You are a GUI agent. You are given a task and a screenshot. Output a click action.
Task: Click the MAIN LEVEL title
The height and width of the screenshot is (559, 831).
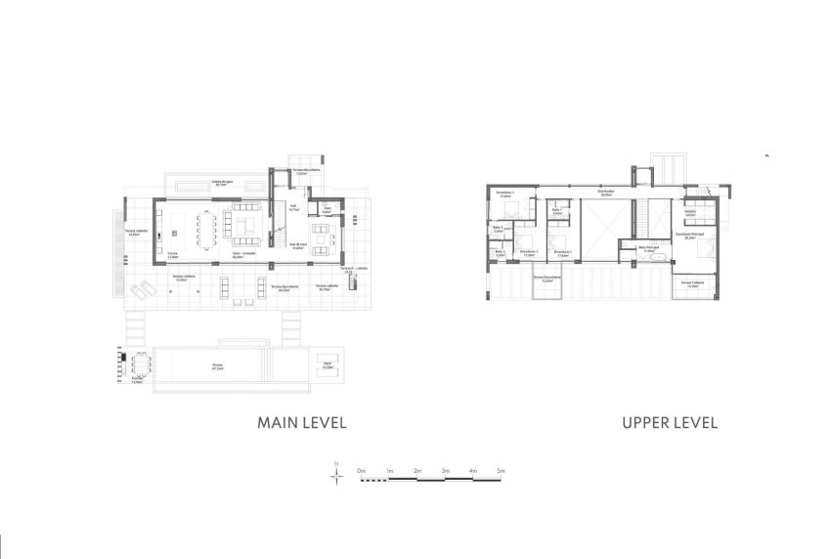(302, 423)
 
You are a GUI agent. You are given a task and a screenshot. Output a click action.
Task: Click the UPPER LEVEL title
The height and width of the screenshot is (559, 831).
(670, 423)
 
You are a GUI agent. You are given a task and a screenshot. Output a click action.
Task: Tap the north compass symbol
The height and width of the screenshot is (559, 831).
(336, 476)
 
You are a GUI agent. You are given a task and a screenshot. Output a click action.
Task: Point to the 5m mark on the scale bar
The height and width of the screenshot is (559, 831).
(501, 472)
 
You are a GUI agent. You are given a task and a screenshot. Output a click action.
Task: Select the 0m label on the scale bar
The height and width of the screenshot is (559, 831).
(361, 472)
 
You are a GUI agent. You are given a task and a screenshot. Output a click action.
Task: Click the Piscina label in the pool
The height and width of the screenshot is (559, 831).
(217, 366)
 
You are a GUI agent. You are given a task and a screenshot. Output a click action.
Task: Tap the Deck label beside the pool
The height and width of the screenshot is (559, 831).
(328, 365)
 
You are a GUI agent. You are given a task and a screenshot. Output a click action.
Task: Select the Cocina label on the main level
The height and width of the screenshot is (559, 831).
(172, 253)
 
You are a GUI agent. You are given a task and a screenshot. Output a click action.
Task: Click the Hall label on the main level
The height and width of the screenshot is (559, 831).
(292, 207)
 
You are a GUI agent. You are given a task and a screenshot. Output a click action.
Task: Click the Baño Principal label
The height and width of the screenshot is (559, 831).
(649, 248)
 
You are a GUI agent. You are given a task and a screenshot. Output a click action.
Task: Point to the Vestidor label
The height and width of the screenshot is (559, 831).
(689, 211)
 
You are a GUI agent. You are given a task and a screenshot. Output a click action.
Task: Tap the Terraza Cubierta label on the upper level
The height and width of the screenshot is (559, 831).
(693, 283)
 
